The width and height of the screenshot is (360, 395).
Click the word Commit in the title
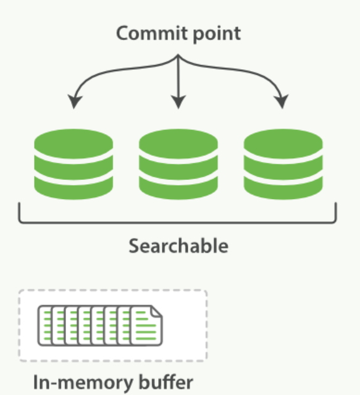(152, 33)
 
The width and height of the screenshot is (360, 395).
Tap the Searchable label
(178, 246)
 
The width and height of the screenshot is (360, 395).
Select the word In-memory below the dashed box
(83, 383)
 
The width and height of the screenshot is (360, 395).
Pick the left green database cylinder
(73, 164)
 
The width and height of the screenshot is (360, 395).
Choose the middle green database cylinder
(178, 164)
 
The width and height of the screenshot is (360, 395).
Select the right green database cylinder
(283, 164)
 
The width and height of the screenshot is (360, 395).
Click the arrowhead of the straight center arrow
(178, 102)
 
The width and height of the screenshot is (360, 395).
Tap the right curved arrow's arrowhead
(283, 101)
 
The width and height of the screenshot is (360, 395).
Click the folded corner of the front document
(157, 311)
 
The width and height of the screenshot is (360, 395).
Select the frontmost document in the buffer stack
(147, 326)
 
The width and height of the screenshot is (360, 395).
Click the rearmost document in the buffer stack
(44, 326)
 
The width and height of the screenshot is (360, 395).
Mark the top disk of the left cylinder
(73, 143)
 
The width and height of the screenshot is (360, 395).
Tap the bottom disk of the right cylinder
(283, 189)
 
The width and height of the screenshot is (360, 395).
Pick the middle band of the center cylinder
(178, 168)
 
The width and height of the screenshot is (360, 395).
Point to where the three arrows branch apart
(178, 55)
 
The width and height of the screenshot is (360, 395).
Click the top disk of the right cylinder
(283, 143)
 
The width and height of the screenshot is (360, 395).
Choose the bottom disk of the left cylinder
(73, 189)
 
